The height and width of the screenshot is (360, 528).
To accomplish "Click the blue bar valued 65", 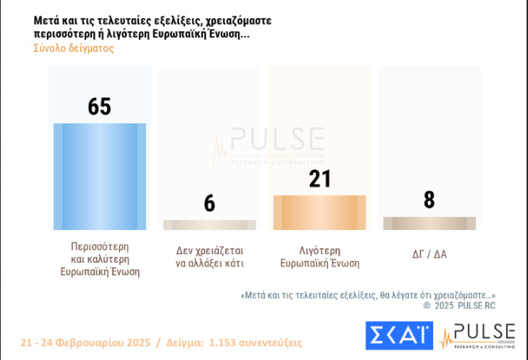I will pyautogui.click(x=99, y=177).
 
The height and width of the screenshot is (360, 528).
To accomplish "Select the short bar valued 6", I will pyautogui.click(x=210, y=225).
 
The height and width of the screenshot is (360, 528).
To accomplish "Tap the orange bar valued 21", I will pyautogui.click(x=319, y=212).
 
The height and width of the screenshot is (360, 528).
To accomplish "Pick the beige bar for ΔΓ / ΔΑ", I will pyautogui.click(x=429, y=223).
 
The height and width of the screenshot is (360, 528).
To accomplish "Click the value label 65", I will pyautogui.click(x=99, y=107).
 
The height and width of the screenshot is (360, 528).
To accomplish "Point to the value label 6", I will pyautogui.click(x=210, y=203).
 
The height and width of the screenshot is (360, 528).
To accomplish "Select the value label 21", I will pyautogui.click(x=320, y=179).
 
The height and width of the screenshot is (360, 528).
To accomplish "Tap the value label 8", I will pyautogui.click(x=429, y=199).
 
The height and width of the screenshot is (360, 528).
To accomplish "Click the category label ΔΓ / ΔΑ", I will pyautogui.click(x=429, y=254).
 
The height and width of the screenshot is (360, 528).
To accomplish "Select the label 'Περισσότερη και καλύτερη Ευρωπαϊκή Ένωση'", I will pyautogui.click(x=99, y=258).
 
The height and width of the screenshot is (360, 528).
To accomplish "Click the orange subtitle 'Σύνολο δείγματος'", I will pyautogui.click(x=73, y=48).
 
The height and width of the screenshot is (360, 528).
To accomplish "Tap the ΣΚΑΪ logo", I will pyautogui.click(x=399, y=335).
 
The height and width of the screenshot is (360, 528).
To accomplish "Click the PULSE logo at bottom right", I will pyautogui.click(x=478, y=335).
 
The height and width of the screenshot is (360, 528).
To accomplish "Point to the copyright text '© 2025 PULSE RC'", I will pyautogui.click(x=459, y=306).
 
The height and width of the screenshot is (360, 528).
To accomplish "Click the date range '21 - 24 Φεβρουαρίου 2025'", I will pyautogui.click(x=85, y=342).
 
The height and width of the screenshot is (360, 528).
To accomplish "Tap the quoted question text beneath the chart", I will pyautogui.click(x=368, y=295).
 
